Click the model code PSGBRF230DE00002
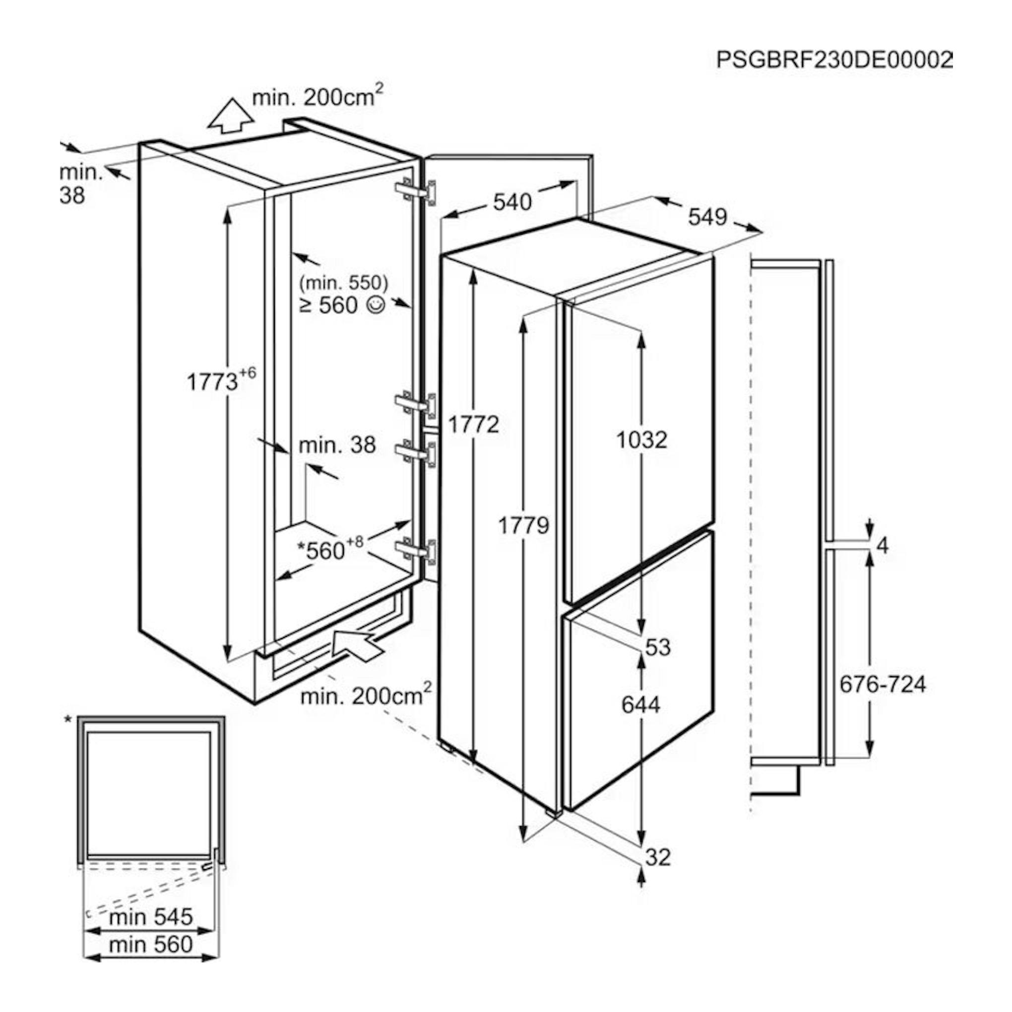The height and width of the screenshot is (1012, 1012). tap(834, 60)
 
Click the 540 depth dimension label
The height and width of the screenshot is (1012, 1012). tap(512, 202)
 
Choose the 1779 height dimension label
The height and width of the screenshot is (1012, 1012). tap(523, 525)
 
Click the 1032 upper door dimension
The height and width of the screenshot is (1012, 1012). tap(641, 440)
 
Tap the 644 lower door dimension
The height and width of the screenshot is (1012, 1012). tap(640, 704)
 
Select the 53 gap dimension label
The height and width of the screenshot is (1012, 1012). tap(658, 647)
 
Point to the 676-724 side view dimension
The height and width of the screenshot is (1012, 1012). tap(883, 684)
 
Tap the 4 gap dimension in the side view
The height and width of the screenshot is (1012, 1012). tap(883, 546)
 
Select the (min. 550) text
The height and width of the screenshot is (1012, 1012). tap(344, 283)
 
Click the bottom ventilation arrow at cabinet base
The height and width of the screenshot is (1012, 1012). tap(357, 647)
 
